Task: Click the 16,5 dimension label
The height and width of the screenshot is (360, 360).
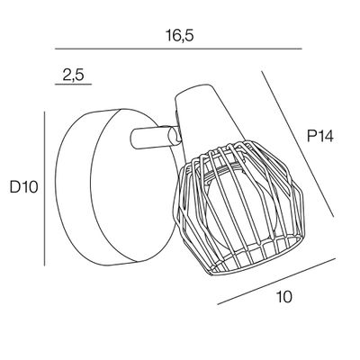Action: (x=180, y=36)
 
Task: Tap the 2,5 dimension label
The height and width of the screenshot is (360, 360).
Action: (x=73, y=75)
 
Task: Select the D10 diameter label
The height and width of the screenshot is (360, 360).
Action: (x=24, y=187)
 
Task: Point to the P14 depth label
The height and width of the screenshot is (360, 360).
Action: (x=320, y=137)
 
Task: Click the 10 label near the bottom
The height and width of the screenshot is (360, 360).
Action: (x=284, y=297)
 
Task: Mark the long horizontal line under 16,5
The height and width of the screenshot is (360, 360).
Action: (x=178, y=49)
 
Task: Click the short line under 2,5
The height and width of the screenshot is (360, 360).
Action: (x=73, y=85)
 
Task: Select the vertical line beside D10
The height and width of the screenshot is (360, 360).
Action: (x=44, y=189)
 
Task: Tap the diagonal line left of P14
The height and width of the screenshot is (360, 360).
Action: (x=297, y=144)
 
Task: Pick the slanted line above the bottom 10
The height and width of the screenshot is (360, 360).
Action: (x=276, y=282)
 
